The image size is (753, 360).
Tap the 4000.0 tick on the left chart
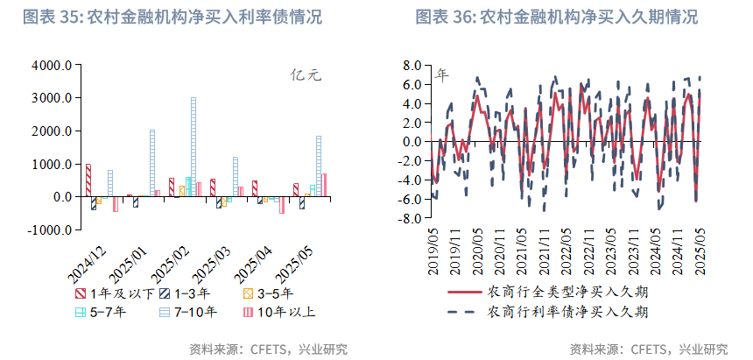coord(51,66)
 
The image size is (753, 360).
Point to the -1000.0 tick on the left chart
coord(49,229)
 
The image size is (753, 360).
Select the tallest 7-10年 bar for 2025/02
coord(194,147)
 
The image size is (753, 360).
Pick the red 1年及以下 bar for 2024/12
coord(88,180)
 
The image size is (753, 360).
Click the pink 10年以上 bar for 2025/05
coord(324,185)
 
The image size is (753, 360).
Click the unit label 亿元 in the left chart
coord(306,75)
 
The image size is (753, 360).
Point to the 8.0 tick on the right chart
coord(412,66)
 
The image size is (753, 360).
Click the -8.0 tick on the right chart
coord(410,219)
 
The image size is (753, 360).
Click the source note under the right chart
coord(648,349)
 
